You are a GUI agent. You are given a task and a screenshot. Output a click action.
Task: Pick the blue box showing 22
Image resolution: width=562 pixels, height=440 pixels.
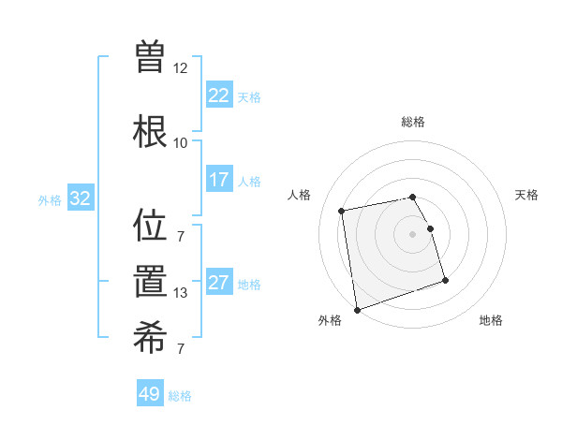(219, 95)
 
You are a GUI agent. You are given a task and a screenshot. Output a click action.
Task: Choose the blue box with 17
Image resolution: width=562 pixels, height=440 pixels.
(219, 180)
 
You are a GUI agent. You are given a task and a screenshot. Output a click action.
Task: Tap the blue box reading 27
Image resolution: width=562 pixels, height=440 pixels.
(219, 284)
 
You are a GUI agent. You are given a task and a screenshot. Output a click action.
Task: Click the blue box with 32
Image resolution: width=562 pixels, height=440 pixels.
(80, 198)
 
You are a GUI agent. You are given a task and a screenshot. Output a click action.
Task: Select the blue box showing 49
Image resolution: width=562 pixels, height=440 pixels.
(150, 394)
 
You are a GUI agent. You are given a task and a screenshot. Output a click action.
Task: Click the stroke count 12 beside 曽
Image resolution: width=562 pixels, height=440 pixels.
(180, 68)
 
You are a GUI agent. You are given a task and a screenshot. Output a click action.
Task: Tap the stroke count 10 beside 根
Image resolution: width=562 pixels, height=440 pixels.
(180, 143)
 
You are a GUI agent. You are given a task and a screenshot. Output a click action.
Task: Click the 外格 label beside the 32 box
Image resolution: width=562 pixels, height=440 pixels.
(50, 199)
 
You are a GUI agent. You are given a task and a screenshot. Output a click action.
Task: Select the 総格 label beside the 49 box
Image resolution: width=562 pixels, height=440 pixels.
(180, 396)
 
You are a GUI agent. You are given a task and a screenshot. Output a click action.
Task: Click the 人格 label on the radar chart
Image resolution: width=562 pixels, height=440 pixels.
(300, 195)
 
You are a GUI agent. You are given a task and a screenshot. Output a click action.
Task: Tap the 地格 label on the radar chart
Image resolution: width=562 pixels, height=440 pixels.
(491, 320)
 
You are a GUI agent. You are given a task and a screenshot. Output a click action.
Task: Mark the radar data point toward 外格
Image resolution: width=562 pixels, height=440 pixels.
(357, 309)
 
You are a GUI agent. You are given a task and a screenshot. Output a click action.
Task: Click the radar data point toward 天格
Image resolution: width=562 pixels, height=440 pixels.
(431, 228)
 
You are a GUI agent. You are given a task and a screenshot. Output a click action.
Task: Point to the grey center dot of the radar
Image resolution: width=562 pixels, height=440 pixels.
(413, 234)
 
